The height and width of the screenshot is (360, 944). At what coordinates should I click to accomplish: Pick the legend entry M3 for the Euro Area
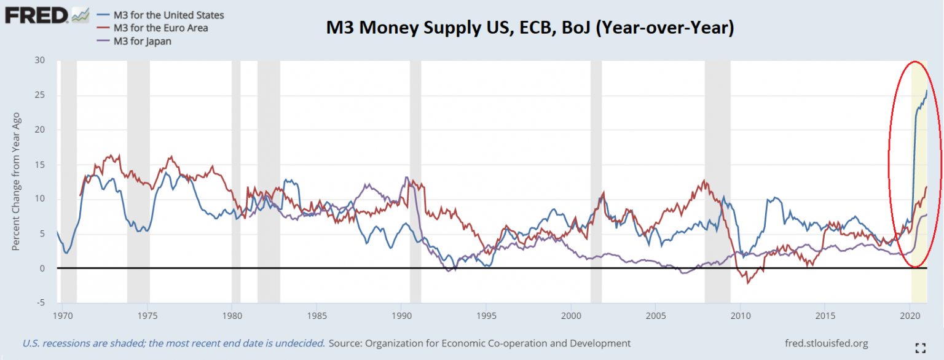[160, 28]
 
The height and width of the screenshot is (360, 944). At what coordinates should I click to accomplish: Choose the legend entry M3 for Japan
[142, 42]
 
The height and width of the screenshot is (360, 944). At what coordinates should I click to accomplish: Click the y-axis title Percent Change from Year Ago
[16, 181]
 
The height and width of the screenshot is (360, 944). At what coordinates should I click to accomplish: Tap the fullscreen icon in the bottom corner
[920, 348]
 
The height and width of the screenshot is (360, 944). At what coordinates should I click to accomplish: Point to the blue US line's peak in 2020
[927, 90]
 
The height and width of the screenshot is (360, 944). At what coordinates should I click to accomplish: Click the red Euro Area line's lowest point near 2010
[748, 283]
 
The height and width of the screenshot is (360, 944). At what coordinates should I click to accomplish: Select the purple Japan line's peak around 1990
[406, 178]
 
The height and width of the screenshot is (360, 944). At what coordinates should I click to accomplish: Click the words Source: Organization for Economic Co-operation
[479, 343]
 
